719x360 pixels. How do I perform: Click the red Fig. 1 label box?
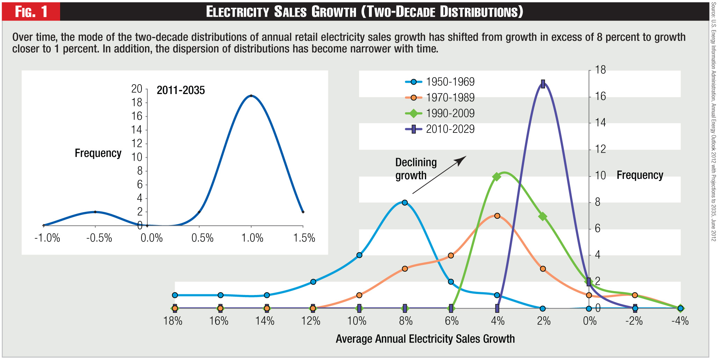click(x=31, y=12)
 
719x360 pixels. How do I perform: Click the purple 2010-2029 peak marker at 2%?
click(x=543, y=84)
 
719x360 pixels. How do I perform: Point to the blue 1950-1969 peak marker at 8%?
click(x=405, y=203)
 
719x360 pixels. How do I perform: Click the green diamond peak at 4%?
click(x=497, y=177)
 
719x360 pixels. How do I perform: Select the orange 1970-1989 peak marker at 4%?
click(x=497, y=216)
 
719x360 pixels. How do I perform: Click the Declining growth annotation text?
click(x=416, y=169)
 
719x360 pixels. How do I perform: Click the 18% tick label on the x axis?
click(x=173, y=321)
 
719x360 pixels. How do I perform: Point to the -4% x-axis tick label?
click(x=680, y=321)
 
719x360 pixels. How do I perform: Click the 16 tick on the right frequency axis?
click(x=600, y=96)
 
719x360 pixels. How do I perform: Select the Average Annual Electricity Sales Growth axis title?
click(x=425, y=339)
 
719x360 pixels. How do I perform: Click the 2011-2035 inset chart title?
click(x=181, y=91)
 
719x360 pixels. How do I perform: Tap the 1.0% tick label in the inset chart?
click(x=252, y=238)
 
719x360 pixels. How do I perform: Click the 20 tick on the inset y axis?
click(x=137, y=89)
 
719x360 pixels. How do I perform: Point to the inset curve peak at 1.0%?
click(x=251, y=96)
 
